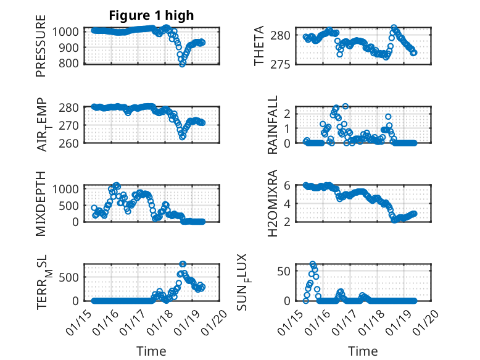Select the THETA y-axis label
pyautogui.click(x=259, y=46)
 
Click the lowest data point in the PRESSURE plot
pyautogui.click(x=183, y=64)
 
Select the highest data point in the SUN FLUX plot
pyautogui.click(x=313, y=264)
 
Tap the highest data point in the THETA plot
pyautogui.click(x=394, y=28)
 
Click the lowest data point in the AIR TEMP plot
pyautogui.click(x=183, y=136)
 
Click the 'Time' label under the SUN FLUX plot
pyautogui.click(x=363, y=351)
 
